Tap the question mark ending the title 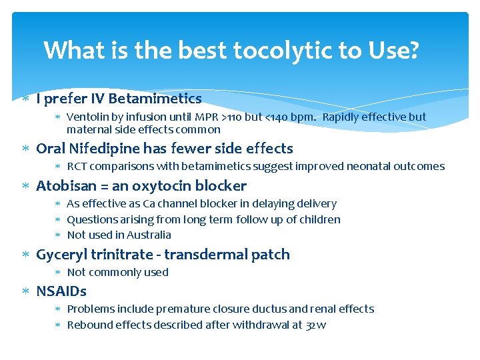coord(413,50)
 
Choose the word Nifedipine coord(101,149)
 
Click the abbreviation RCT coord(77,167)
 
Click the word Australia coord(147,235)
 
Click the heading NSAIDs coord(61,291)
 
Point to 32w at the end coord(316,325)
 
